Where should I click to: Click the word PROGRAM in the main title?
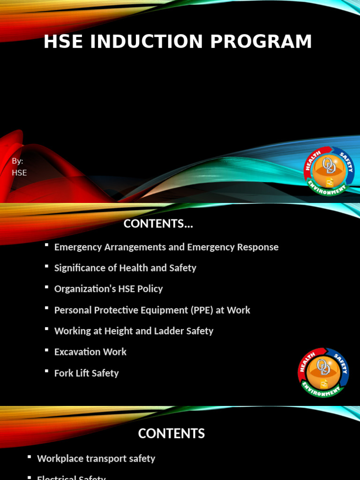click(261, 42)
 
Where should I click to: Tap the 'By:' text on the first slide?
click(17, 161)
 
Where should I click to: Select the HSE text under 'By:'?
click(19, 172)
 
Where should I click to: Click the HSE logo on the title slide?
click(329, 171)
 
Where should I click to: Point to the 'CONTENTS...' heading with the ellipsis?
click(158, 224)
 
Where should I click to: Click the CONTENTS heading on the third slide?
click(171, 434)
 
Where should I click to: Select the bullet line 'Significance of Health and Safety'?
click(125, 268)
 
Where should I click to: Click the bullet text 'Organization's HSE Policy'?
click(108, 289)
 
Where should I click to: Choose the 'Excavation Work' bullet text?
click(90, 352)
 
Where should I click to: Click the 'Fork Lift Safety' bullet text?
click(86, 373)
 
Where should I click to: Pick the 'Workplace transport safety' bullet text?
click(96, 458)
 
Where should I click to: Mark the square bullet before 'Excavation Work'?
click(46, 350)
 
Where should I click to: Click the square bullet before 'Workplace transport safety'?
click(30, 457)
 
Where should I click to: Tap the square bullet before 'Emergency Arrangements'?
click(46, 245)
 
